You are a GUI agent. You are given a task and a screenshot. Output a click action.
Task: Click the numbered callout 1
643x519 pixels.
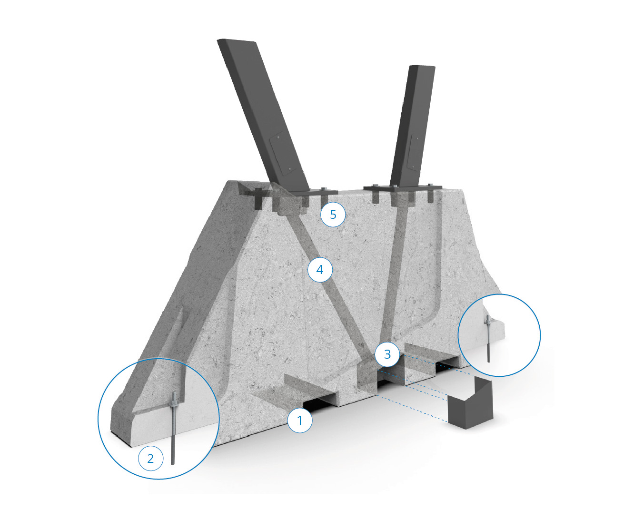tap(299, 420)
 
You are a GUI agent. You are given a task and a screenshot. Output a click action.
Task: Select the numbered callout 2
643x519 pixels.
tap(150, 459)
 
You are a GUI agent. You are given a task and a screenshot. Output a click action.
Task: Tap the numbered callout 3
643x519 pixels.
tap(387, 354)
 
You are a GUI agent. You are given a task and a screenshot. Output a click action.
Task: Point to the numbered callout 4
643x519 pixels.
tap(320, 269)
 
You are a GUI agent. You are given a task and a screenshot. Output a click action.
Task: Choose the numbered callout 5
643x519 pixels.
tap(333, 215)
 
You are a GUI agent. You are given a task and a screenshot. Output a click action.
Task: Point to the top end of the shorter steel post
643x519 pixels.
tap(422, 66)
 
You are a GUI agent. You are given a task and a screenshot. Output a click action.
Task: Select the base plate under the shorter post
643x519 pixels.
tap(403, 187)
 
